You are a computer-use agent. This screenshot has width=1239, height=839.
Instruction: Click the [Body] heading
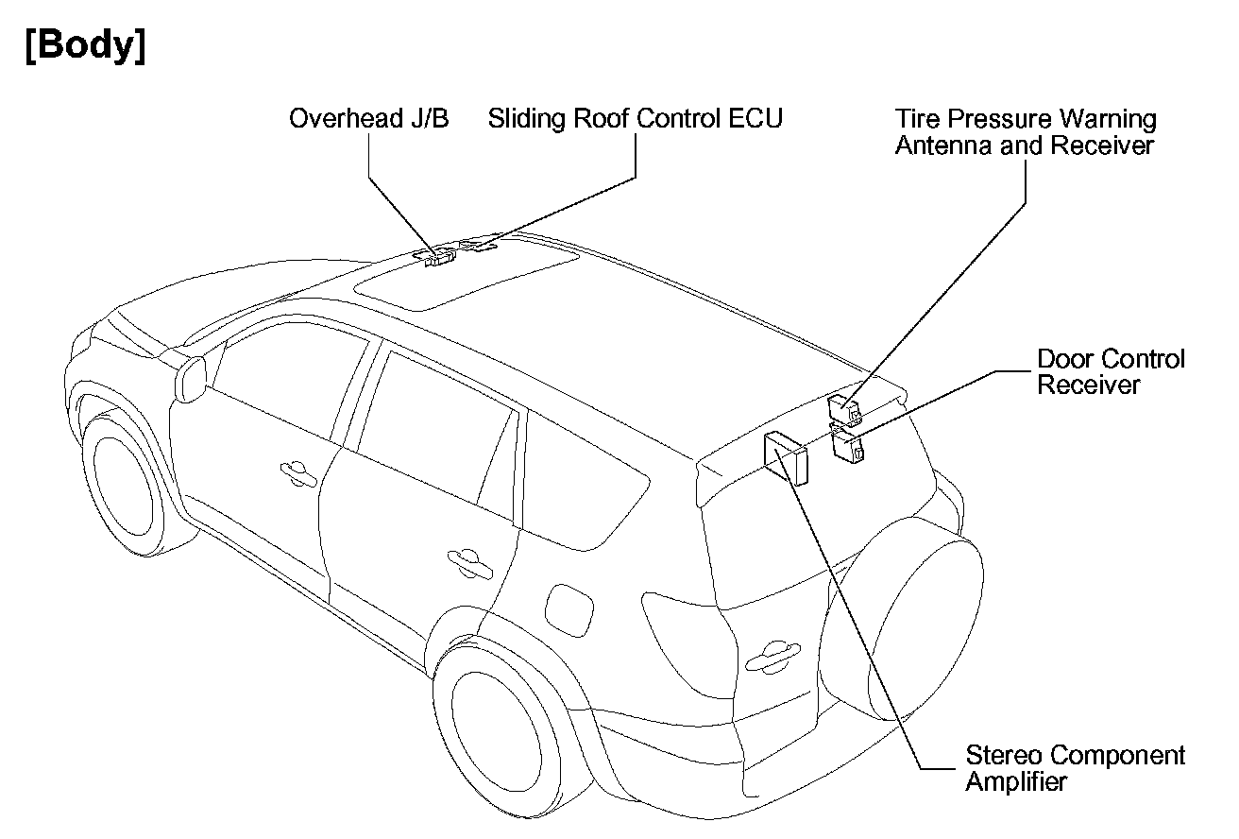pyautogui.click(x=86, y=46)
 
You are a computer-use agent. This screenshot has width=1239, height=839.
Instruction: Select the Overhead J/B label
pyautogui.click(x=368, y=119)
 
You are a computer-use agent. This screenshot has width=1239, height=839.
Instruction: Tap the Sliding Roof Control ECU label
pyautogui.click(x=635, y=119)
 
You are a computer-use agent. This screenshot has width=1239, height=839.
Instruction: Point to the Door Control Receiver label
pyautogui.click(x=1110, y=372)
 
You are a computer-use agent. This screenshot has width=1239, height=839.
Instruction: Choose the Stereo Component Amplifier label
pyautogui.click(x=1075, y=768)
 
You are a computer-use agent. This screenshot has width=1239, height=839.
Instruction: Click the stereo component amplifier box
pyautogui.click(x=787, y=456)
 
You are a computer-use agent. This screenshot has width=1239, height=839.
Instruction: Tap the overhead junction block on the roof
pyautogui.click(x=439, y=256)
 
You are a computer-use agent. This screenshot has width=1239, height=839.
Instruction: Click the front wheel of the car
pyautogui.click(x=122, y=481)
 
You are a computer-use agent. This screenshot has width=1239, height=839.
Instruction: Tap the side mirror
pyautogui.click(x=191, y=378)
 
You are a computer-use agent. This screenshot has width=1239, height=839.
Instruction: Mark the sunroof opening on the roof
pyautogui.click(x=467, y=275)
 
